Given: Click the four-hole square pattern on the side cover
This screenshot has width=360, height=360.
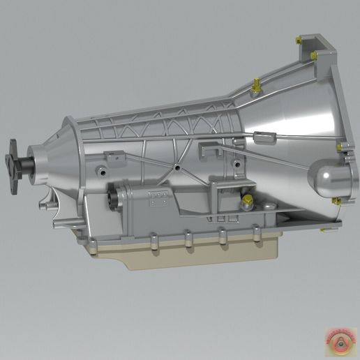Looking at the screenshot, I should coord(158,197).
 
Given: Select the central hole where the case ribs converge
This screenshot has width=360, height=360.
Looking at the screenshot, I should coord(179,168).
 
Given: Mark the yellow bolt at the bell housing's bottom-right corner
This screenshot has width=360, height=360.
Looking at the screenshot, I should coord(336,202).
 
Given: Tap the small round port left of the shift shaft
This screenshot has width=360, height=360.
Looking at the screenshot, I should coord(102,172).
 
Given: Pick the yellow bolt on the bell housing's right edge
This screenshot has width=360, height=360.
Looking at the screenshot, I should coord(340,147).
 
